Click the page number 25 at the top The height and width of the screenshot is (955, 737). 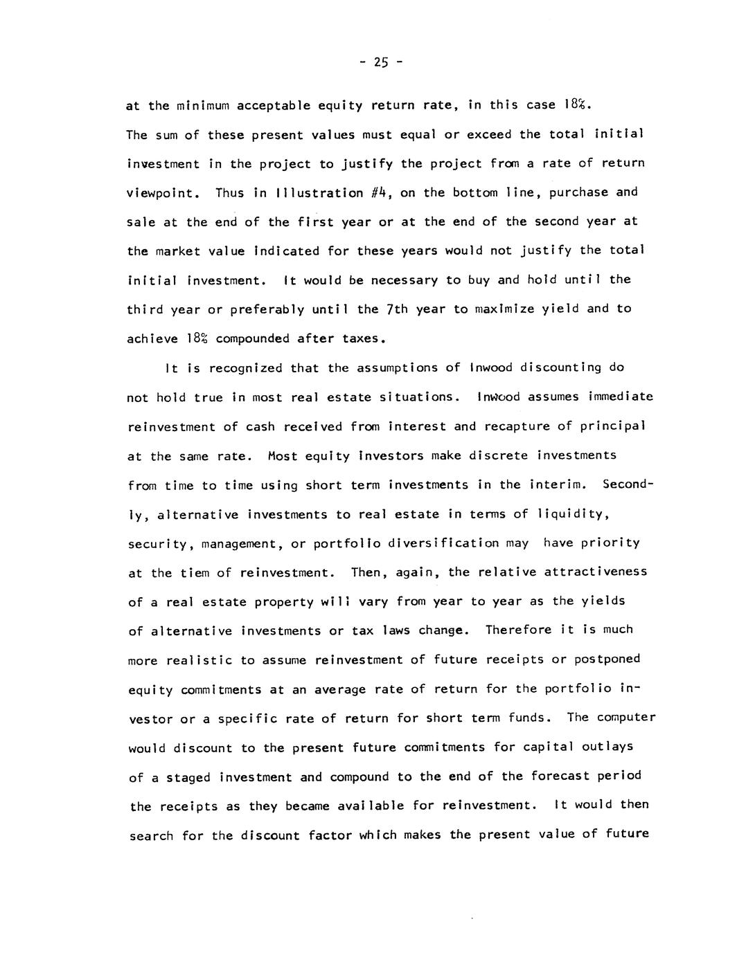380,62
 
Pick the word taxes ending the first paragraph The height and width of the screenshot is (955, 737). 362,338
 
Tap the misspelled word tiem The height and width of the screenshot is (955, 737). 195,572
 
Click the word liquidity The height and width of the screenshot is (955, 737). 574,514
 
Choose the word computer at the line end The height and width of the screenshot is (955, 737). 623,717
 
